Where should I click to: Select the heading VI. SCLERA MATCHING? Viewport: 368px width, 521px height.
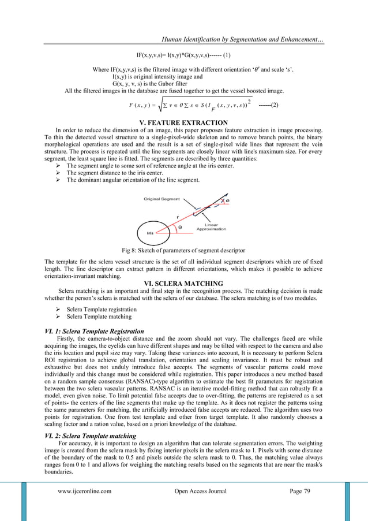click(x=184, y=283)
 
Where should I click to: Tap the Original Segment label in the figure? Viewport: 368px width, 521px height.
click(x=162, y=199)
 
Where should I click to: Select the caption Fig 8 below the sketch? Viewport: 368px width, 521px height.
click(x=183, y=250)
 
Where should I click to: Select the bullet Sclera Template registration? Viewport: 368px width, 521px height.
click(x=102, y=309)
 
